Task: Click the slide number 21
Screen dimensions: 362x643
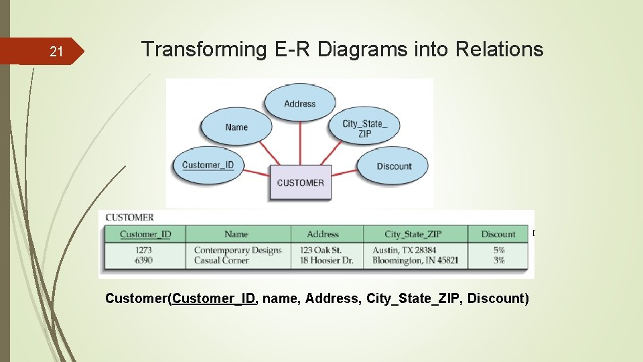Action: click(57, 52)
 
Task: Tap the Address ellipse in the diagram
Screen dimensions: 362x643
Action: click(299, 104)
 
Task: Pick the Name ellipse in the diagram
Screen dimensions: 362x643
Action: click(236, 127)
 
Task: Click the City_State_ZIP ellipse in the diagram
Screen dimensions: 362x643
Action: click(364, 128)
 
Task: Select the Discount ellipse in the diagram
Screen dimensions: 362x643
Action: click(394, 166)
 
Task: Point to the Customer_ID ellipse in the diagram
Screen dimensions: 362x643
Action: click(208, 165)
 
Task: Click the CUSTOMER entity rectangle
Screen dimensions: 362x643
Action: click(300, 182)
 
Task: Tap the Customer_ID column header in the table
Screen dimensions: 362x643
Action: click(145, 234)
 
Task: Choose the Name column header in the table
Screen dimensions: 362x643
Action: click(236, 234)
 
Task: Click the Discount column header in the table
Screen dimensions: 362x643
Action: click(498, 234)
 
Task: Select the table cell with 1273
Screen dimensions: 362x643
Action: click(143, 250)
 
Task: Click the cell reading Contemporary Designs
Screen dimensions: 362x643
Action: click(238, 250)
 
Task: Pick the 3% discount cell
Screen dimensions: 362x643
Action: click(498, 260)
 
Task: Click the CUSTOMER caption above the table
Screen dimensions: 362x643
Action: click(130, 217)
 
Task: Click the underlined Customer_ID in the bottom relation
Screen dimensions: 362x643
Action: click(214, 298)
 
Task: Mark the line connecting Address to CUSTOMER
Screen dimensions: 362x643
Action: click(300, 142)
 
